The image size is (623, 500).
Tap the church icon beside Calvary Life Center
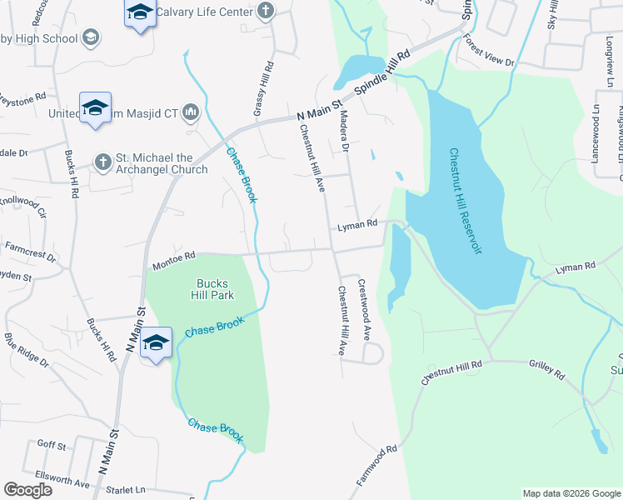point(265,11)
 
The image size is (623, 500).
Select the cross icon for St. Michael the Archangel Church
point(102,162)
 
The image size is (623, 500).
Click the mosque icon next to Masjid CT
point(191,112)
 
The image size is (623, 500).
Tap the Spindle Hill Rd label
point(383,74)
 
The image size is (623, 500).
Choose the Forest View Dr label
point(490,51)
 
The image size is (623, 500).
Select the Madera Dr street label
point(343,133)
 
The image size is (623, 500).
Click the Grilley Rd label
point(546,369)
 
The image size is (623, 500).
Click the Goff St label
point(52,446)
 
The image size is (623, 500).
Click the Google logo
point(27,489)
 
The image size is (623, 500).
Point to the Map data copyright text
point(571,493)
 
